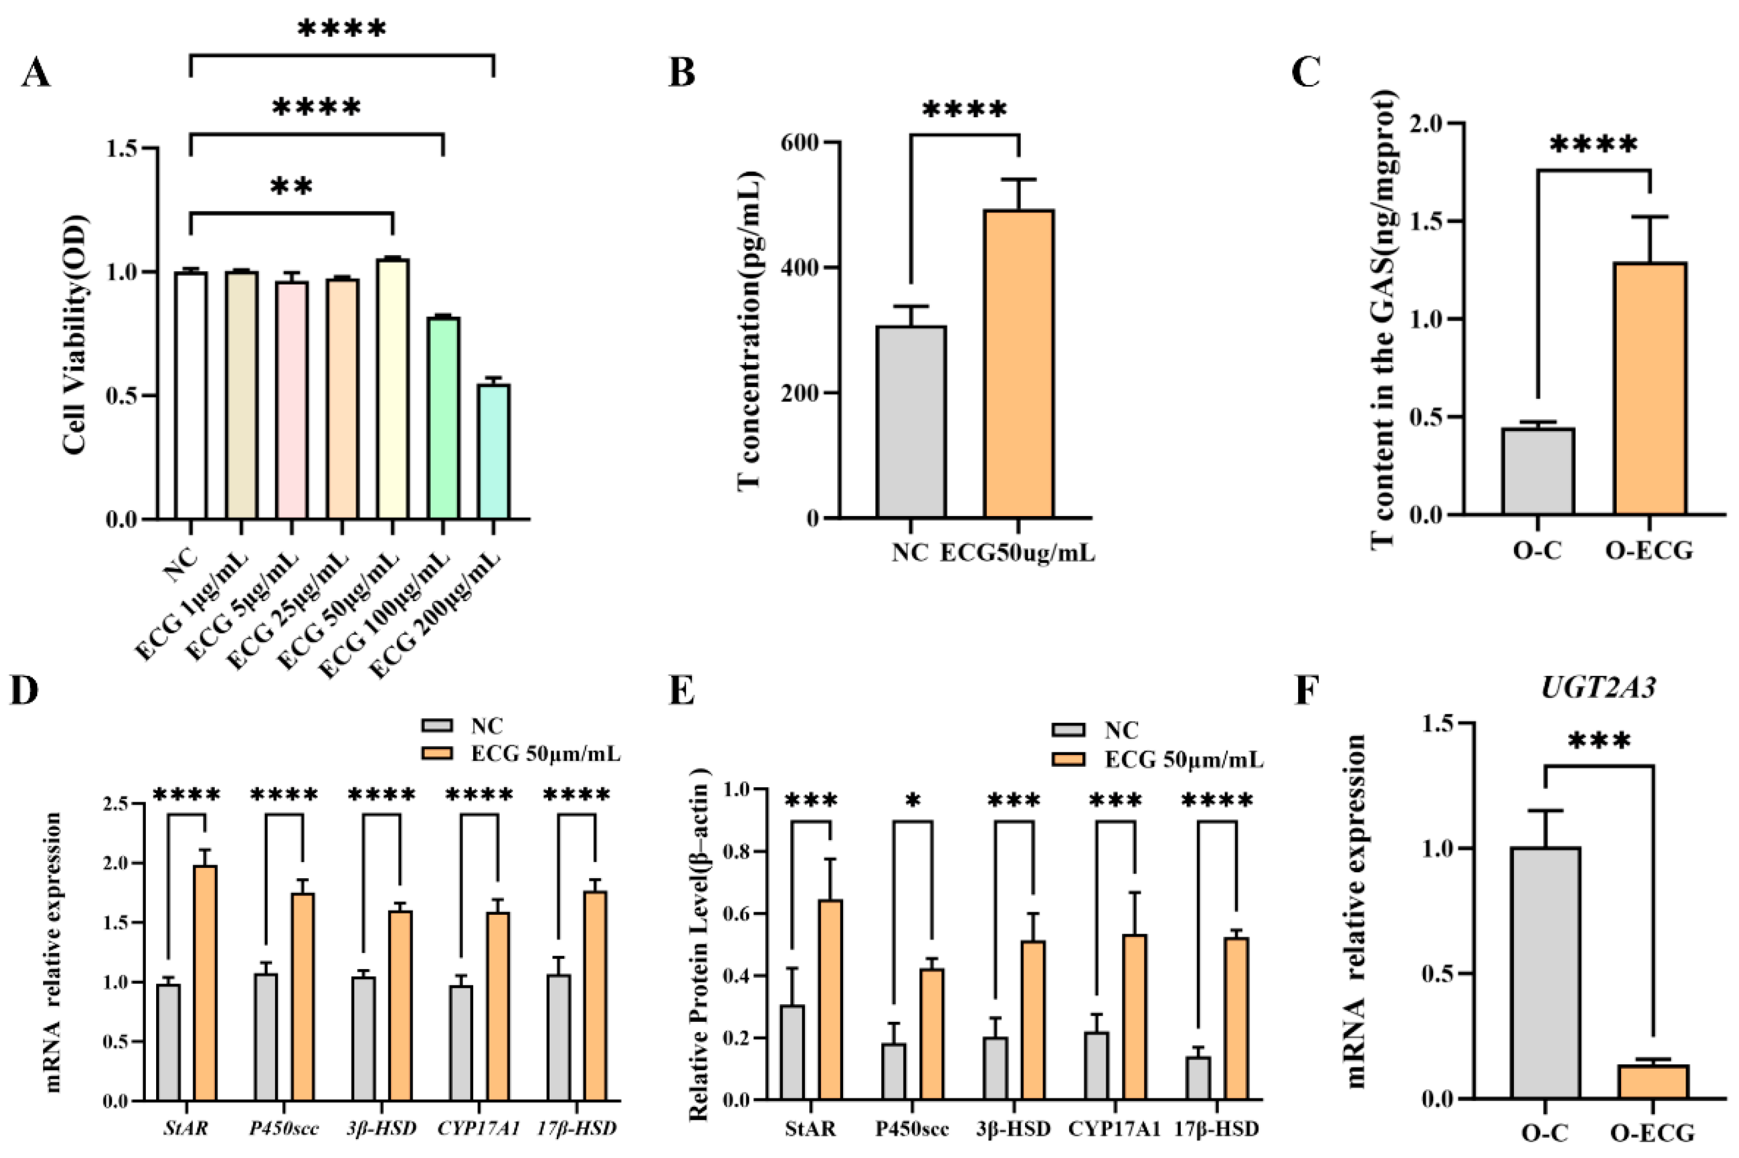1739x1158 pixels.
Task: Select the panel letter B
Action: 681,74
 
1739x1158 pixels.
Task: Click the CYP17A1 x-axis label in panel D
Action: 478,1128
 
